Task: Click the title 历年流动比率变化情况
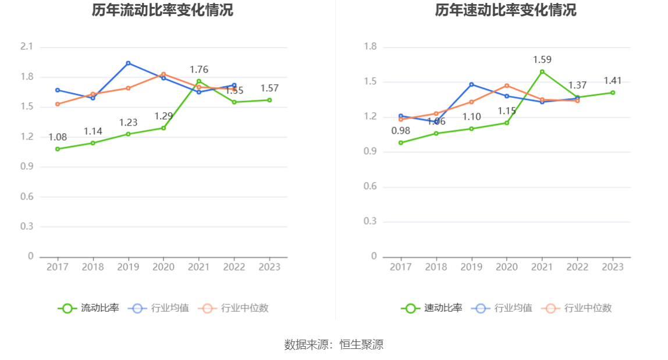(x=162, y=10)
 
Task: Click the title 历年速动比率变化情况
(x=506, y=10)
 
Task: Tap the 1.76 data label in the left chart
(x=199, y=70)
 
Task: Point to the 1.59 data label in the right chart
(x=542, y=59)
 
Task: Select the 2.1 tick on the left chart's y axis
(x=27, y=47)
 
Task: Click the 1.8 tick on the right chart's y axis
(x=370, y=47)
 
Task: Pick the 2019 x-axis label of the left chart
(x=128, y=267)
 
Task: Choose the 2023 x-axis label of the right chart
(x=613, y=267)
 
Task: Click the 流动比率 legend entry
(x=88, y=308)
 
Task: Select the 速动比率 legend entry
(x=432, y=308)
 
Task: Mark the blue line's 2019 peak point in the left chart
(x=128, y=63)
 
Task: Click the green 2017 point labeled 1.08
(x=58, y=149)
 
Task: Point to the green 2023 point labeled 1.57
(x=269, y=100)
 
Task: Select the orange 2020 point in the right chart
(x=507, y=85)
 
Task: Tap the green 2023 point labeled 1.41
(x=613, y=92)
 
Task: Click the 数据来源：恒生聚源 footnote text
(x=334, y=345)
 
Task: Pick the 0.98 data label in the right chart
(x=401, y=131)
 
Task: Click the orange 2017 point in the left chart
(x=58, y=104)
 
